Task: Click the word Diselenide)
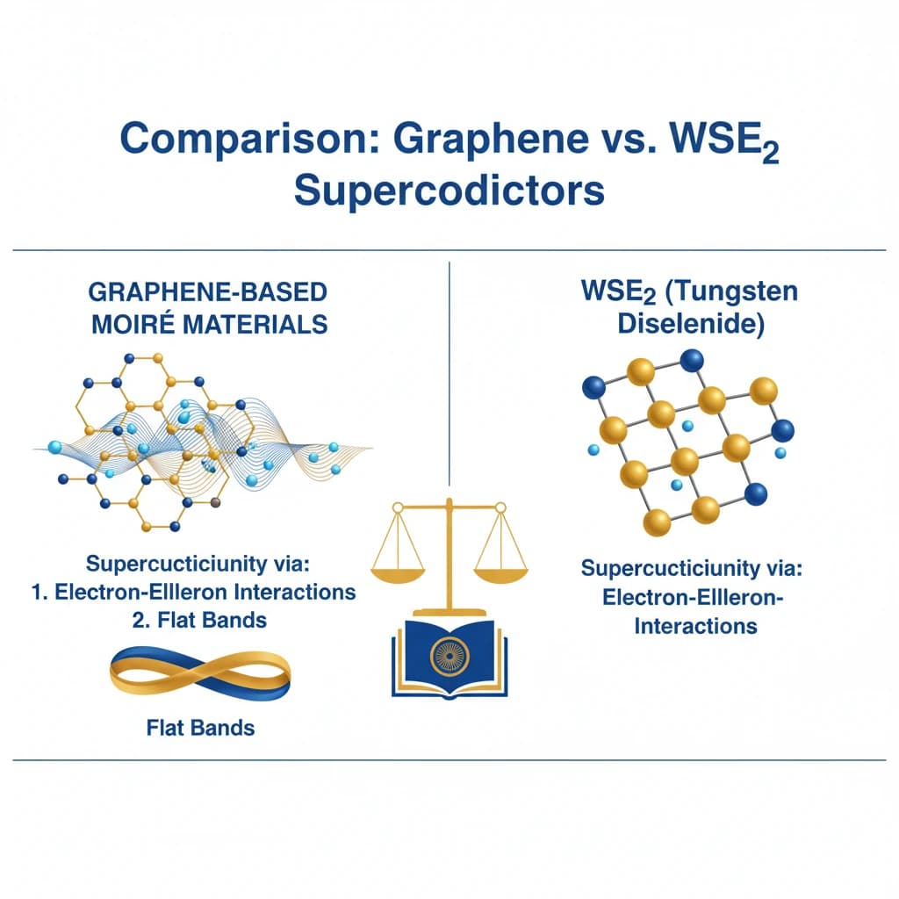click(x=692, y=322)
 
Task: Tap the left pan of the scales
click(x=399, y=572)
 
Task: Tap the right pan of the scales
click(x=501, y=572)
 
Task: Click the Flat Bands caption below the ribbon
click(x=200, y=727)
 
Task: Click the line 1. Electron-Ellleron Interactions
click(x=193, y=591)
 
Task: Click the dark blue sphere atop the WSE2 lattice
click(x=692, y=361)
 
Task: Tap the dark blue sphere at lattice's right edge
click(x=781, y=430)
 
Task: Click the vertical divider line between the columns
click(x=449, y=369)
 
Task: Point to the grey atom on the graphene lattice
click(x=217, y=503)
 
